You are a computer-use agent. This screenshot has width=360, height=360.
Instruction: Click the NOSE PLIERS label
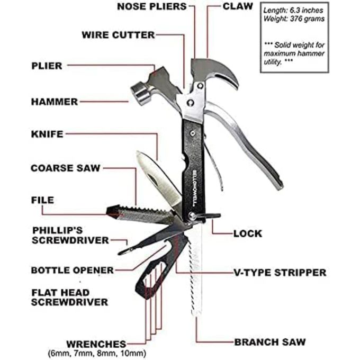pos(152,7)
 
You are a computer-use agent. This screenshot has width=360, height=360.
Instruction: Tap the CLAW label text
pos(238,6)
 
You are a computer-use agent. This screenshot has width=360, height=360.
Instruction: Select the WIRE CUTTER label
pos(118,35)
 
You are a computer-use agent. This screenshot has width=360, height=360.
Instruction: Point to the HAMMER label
pos(55,102)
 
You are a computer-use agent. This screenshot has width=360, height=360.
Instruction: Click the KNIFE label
pos(47,134)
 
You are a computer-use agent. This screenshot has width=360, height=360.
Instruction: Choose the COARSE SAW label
pos(66,168)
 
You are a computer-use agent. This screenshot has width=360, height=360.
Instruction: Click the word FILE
pos(42,200)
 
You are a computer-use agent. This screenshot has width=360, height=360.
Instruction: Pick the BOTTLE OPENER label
pos(73,270)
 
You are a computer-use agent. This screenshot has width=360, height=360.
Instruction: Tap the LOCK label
pos(248,233)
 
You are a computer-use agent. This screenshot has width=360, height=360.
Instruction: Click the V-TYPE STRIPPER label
pos(280,273)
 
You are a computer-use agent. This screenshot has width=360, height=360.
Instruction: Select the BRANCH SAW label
pos(270,342)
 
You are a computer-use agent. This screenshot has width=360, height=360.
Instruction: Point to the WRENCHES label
pos(96,344)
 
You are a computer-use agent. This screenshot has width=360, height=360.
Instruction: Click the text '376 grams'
pos(307,19)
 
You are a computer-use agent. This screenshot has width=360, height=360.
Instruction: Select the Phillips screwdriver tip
pos(121,253)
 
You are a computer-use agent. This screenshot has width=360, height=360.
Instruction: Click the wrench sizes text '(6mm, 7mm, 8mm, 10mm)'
pos(97,353)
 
